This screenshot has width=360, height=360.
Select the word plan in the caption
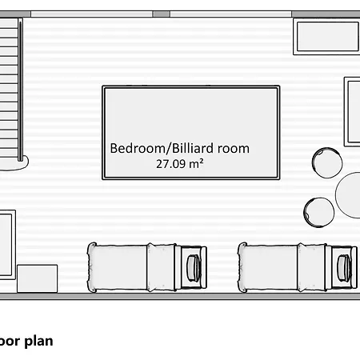point(38,341)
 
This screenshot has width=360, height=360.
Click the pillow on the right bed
point(345,266)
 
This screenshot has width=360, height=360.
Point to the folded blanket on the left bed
point(161,266)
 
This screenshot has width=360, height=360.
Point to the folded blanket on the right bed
point(311,266)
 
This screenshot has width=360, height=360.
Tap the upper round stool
point(326,162)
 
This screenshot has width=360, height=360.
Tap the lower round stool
point(319,212)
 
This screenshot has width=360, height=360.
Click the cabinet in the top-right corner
point(326,38)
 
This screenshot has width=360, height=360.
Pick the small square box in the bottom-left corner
point(37,278)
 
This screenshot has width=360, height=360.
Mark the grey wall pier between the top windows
point(161,14)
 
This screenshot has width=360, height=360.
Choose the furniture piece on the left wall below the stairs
point(6,244)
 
